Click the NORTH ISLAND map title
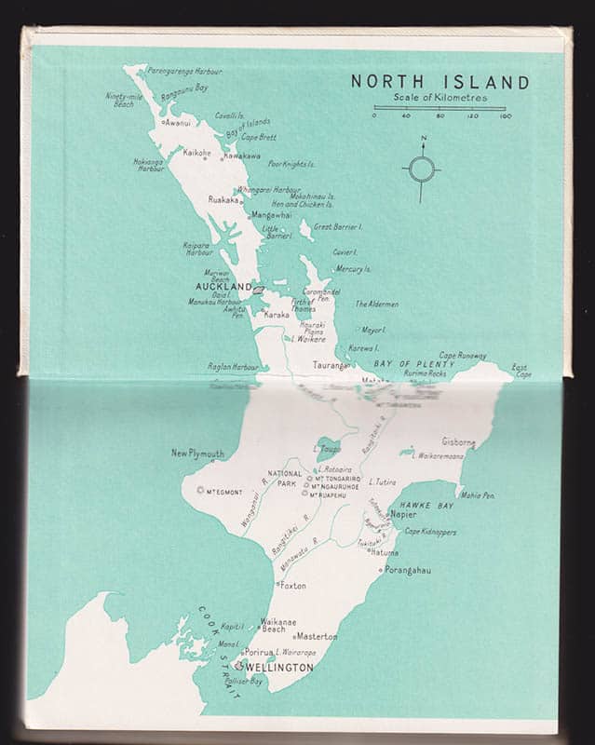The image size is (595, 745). coord(439,82)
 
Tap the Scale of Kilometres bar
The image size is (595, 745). coord(439,108)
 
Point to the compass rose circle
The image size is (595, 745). coord(422,169)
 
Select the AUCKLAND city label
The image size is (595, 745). coord(223,287)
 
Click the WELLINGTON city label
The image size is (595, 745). coord(279,668)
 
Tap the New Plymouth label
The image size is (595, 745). coord(197,454)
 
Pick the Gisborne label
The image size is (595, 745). coord(458,441)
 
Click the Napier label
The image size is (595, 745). coord(403,514)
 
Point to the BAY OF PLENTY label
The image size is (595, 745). coord(414,364)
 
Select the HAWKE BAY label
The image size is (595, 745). coord(427,505)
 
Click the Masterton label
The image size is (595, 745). coord(317,636)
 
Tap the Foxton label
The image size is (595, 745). coord(292,586)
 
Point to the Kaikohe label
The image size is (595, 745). coord(196,153)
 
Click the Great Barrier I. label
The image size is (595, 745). coord(338,226)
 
